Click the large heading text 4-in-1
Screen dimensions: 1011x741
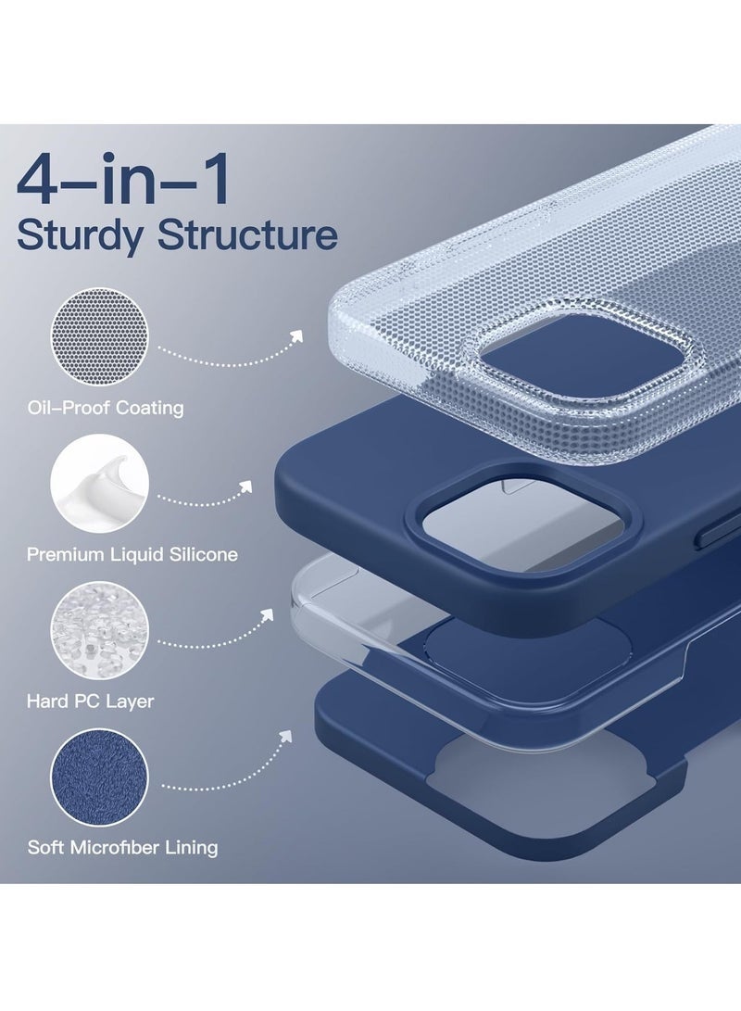[x=124, y=183]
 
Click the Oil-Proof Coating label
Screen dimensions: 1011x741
[x=106, y=407]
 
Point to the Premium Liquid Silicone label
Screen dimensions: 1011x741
[x=132, y=554]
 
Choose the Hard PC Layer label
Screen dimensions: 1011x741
[x=91, y=701]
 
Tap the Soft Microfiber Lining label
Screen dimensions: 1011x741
[x=122, y=847]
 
